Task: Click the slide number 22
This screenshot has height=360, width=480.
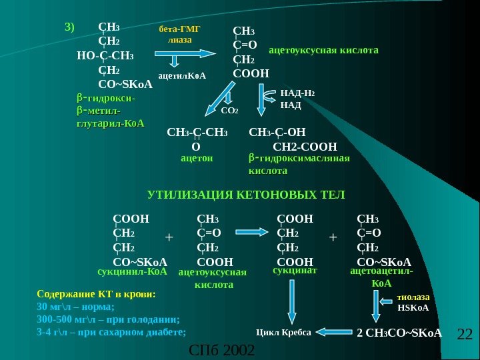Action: [x=464, y=334]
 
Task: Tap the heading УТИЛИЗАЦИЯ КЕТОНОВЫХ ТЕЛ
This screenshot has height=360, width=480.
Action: [x=246, y=195]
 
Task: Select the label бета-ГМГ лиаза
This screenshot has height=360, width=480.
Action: [x=179, y=35]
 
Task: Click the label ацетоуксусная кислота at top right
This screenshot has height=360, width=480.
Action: [x=323, y=50]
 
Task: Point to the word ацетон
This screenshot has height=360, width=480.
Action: [x=197, y=159]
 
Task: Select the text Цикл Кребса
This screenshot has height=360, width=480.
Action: [x=283, y=331]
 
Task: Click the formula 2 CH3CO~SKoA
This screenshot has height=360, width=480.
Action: [x=400, y=332]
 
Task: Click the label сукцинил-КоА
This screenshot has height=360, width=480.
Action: [x=132, y=272]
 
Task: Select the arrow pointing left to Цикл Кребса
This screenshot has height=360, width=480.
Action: [x=333, y=331]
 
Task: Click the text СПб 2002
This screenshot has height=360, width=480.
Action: [x=222, y=349]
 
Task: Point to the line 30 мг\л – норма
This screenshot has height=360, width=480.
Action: [x=76, y=307]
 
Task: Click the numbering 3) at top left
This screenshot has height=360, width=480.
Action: [x=71, y=27]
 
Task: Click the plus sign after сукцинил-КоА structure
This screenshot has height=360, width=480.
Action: [x=169, y=237]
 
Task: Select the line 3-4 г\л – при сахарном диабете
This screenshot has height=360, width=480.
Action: [x=111, y=331]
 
